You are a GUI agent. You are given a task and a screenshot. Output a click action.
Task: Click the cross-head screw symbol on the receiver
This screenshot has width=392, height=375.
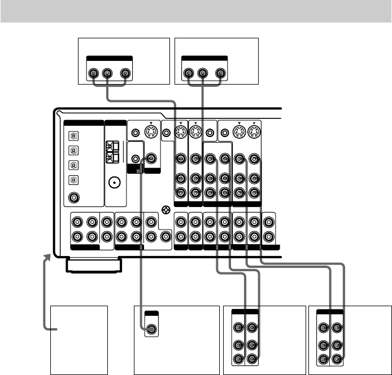click(165, 209)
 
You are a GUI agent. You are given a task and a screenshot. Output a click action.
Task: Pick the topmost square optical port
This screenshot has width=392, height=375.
click(73, 136)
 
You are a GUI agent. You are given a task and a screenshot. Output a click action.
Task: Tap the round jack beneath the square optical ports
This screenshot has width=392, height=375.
click(73, 198)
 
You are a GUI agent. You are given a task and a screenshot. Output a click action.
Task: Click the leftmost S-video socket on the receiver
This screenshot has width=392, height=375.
click(152, 133)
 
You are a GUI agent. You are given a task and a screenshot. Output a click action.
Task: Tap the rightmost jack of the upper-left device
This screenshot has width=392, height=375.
click(124, 73)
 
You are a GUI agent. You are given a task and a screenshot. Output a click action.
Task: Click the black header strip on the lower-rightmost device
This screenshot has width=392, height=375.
click(331, 311)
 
